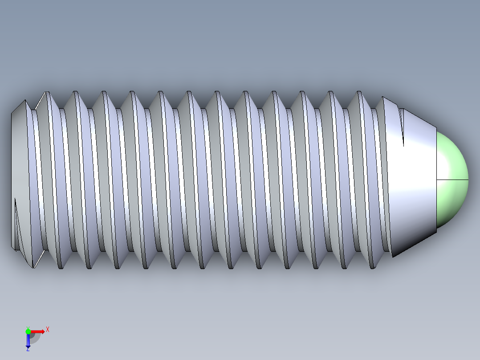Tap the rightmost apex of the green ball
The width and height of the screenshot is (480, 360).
(x=468, y=179)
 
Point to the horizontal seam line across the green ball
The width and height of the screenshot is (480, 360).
(x=452, y=180)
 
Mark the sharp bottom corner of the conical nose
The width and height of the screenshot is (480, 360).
(x=393, y=257)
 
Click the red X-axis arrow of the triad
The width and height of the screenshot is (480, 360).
(x=38, y=331)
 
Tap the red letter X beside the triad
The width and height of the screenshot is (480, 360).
(x=48, y=329)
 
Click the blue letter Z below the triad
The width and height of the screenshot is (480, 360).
(x=28, y=349)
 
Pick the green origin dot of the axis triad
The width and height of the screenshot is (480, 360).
(x=28, y=331)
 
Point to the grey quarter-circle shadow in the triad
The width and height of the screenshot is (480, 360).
(x=35, y=337)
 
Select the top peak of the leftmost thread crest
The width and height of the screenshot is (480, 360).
(x=46, y=92)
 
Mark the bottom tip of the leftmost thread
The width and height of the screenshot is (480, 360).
(x=33, y=267)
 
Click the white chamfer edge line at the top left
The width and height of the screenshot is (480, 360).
(x=40, y=101)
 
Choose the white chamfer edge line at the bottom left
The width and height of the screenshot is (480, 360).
(x=39, y=259)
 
